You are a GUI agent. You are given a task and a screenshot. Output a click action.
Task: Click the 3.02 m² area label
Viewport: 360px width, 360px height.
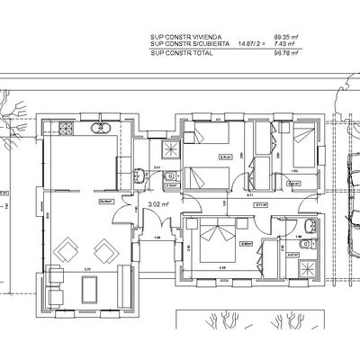(x=158, y=205)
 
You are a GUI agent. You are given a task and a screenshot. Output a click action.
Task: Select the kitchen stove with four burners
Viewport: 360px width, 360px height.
(x=66, y=129)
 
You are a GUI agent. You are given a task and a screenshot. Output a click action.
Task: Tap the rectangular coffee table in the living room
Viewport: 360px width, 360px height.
(x=91, y=288)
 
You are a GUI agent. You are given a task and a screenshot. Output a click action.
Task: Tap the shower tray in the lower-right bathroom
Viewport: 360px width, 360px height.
(x=305, y=265)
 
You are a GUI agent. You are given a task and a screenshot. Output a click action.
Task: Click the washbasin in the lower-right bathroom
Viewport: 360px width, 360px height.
(x=307, y=226)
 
